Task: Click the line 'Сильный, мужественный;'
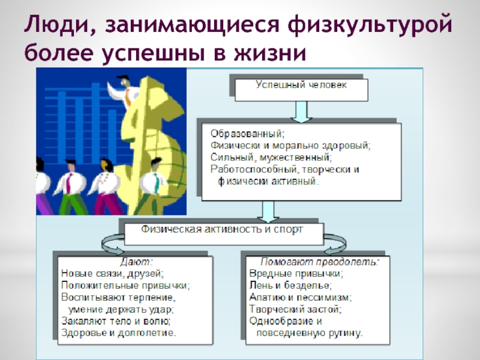point(271,157)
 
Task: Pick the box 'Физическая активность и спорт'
point(222,229)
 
